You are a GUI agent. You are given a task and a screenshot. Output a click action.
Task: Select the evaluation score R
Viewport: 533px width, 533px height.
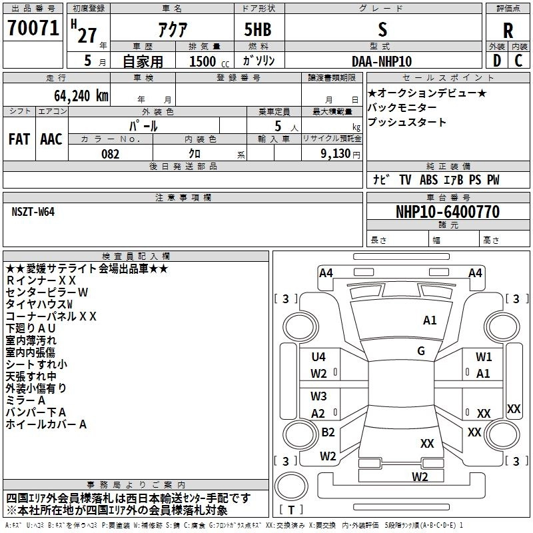[x=508, y=31]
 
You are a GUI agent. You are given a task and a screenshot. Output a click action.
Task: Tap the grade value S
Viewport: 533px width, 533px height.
[x=382, y=30]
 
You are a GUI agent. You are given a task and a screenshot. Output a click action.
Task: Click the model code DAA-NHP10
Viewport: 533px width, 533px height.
[x=382, y=61]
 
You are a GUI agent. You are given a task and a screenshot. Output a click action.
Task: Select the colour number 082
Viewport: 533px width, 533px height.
[x=110, y=154]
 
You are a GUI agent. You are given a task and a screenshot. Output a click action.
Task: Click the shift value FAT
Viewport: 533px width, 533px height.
[x=19, y=139]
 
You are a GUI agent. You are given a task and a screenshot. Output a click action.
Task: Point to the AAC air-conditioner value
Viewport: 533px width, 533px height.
[x=51, y=139]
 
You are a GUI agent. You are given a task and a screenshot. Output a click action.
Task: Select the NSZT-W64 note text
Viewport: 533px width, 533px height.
[x=33, y=212]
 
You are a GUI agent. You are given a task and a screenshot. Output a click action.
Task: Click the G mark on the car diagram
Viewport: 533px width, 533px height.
[x=421, y=350]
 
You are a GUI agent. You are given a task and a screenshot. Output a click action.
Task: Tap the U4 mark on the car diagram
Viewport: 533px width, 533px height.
[x=318, y=357]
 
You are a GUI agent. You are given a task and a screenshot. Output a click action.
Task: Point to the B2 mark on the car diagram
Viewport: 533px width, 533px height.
[x=328, y=432]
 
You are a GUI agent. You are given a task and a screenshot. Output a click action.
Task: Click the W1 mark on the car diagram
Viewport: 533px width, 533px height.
[x=484, y=357]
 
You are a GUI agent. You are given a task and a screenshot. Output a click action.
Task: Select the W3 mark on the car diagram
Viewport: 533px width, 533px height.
[x=318, y=396]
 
